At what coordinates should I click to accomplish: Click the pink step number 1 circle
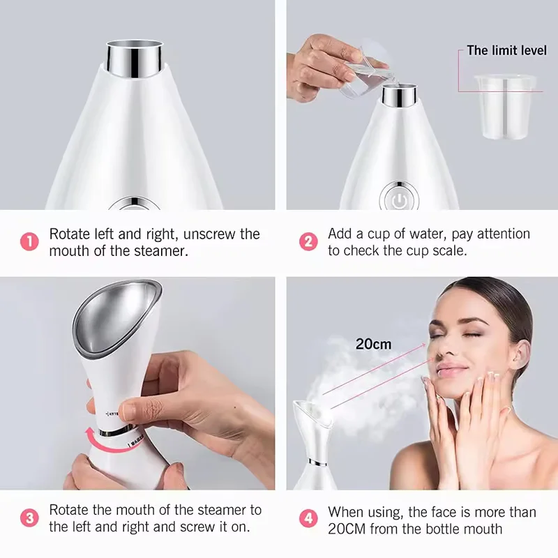tap(29, 242)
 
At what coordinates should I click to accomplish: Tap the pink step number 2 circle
tap(308, 242)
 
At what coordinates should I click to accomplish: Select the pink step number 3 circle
tap(29, 518)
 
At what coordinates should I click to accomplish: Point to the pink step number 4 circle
tap(308, 518)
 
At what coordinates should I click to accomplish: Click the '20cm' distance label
tap(373, 344)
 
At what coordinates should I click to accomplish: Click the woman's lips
tap(451, 370)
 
